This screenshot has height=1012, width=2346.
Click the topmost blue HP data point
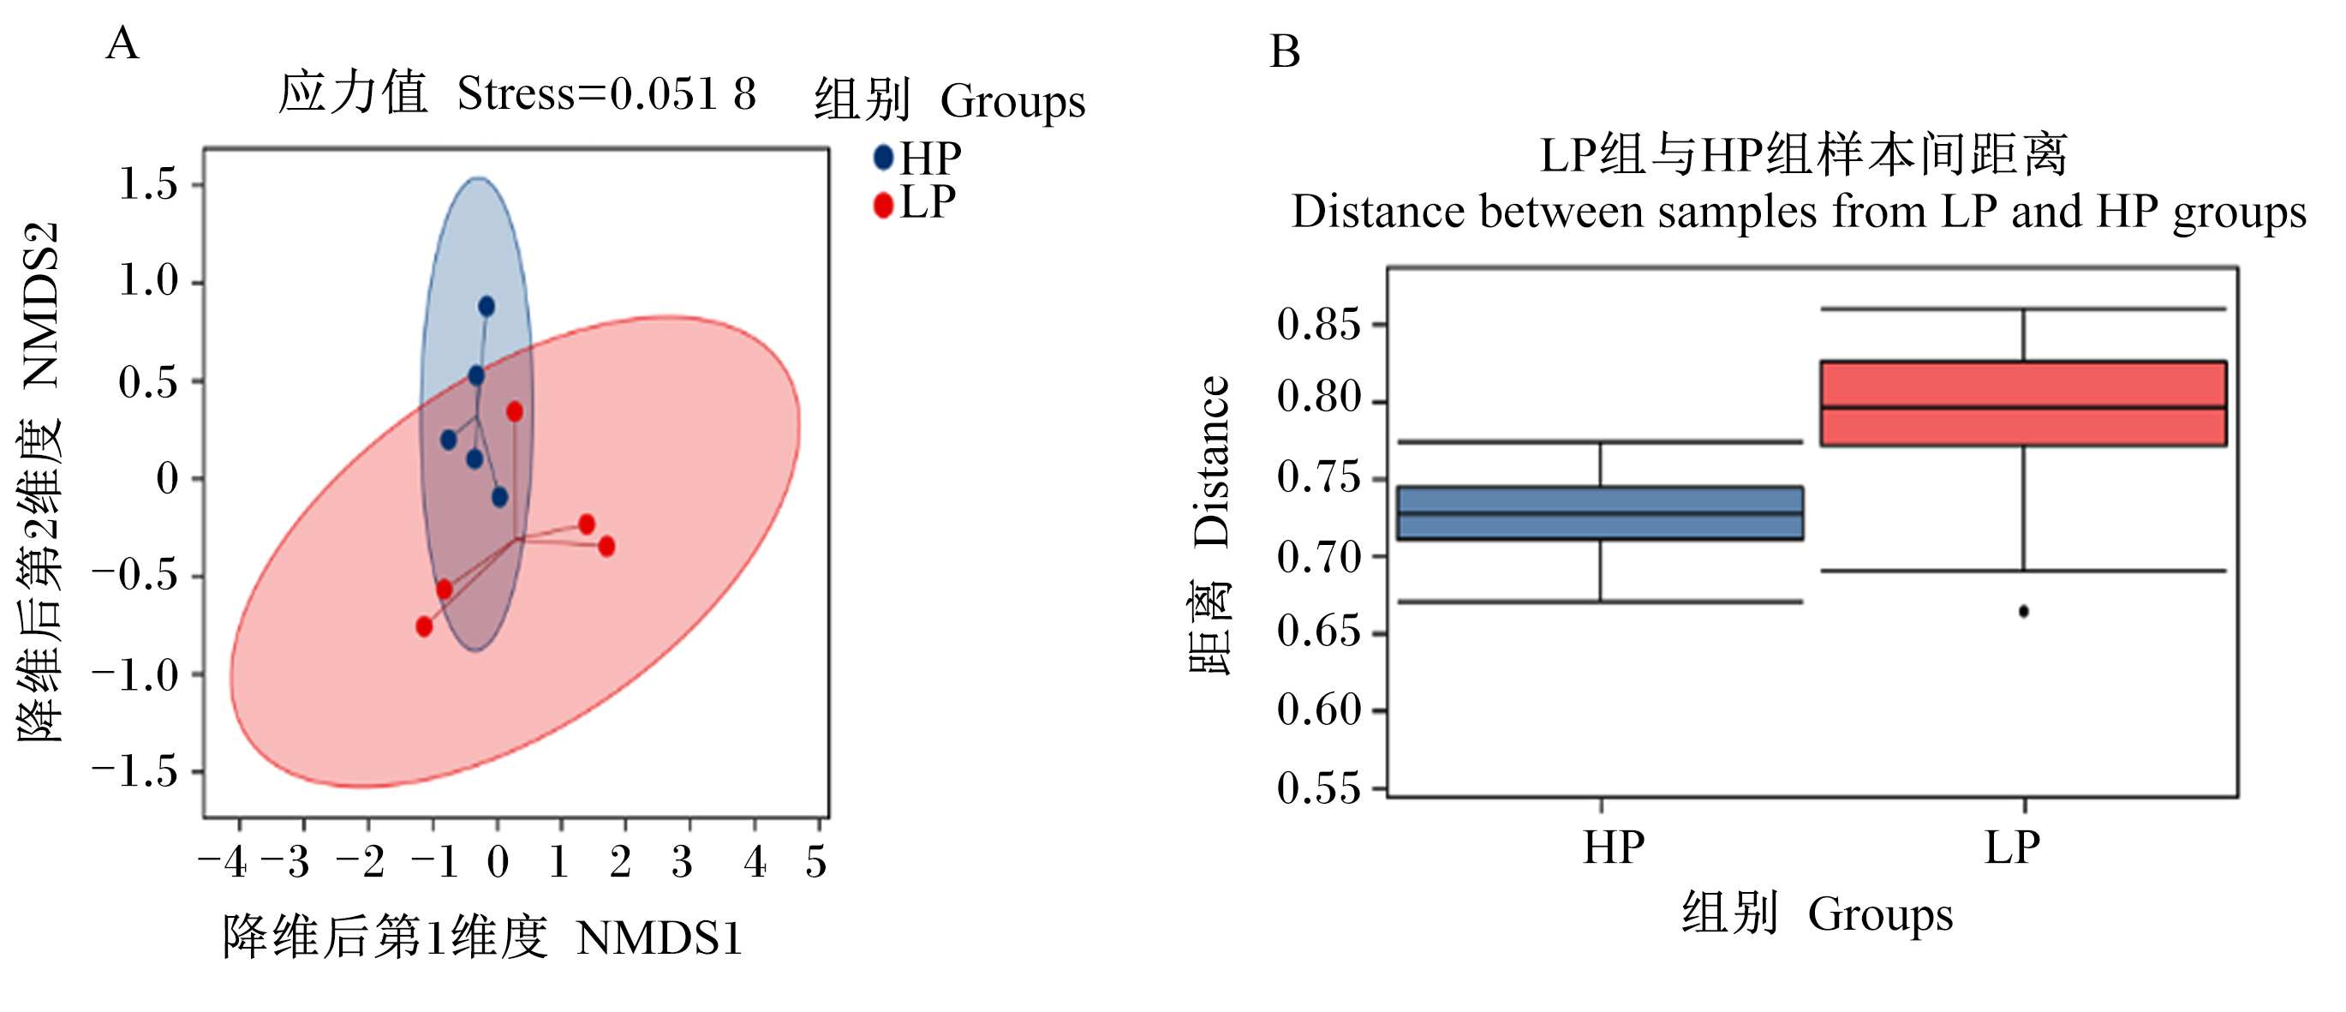pos(487,306)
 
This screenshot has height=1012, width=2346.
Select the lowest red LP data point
pos(424,626)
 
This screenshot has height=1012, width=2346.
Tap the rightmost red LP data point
pos(606,547)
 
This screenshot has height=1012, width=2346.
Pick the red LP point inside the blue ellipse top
pos(515,411)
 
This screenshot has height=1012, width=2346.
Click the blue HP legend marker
pos(883,158)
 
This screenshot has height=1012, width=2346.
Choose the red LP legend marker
pos(883,205)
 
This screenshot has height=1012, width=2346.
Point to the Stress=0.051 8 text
pos(606,93)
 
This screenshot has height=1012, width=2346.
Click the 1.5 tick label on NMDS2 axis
pos(148,184)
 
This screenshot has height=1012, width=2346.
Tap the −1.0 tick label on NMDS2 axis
pos(135,675)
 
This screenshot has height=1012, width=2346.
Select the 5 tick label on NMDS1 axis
pos(816,862)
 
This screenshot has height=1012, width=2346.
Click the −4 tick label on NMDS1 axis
pos(224,862)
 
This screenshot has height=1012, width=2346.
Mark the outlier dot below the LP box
pos(2024,611)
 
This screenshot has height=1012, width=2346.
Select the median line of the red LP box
pos(2024,407)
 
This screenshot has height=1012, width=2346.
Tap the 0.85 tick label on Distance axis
pos(1319,325)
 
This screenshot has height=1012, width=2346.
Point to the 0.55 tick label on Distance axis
pos(1319,789)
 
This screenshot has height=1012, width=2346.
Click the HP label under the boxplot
pos(1614,848)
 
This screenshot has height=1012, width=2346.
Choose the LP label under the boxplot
pos(2013,848)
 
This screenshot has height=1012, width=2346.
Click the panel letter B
pos(1285,52)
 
